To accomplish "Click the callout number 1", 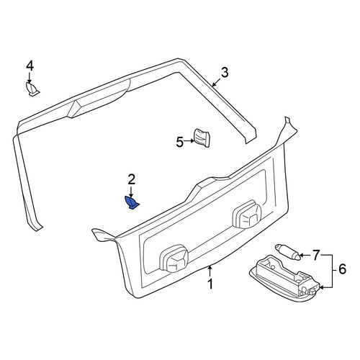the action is [210, 284].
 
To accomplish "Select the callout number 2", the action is [131, 179].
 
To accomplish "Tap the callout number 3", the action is [224, 73].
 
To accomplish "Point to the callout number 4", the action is [30, 66].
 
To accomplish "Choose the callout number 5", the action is [180, 142].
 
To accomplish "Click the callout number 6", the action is [342, 269].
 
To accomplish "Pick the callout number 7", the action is [316, 255].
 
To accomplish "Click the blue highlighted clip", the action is [132, 203].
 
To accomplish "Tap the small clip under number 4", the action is [32, 89].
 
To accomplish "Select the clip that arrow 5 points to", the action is [202, 138].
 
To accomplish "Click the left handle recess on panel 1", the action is [174, 258].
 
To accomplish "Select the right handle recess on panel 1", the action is [247, 215].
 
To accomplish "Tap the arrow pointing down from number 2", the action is [131, 192].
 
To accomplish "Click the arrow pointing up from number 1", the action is [210, 271].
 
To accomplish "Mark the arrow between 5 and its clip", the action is [189, 141].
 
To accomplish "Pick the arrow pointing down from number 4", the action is [30, 78].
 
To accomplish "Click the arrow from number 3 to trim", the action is [217, 81].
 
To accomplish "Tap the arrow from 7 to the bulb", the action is [305, 255].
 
